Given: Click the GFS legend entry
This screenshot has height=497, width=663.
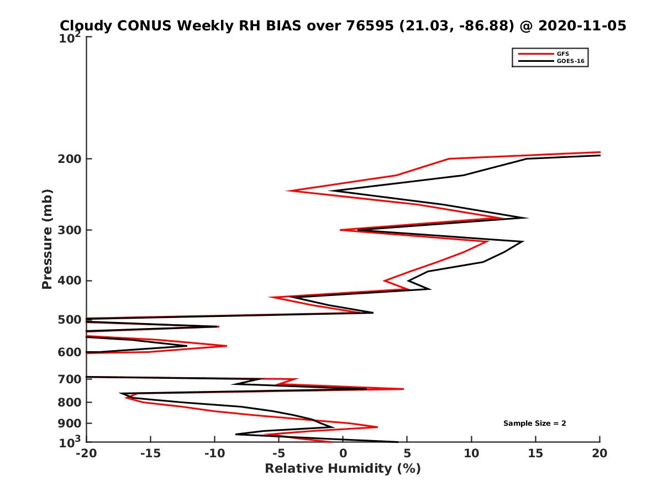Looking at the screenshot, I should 564,54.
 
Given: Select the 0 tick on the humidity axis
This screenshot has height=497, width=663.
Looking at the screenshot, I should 343,453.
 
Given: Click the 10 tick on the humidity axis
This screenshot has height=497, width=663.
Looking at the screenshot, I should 471,453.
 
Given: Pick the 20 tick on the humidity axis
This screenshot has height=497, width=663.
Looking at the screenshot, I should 599,453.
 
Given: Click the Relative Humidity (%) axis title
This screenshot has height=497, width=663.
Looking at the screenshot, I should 343,469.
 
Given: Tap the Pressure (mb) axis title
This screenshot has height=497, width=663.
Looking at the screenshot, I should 47,239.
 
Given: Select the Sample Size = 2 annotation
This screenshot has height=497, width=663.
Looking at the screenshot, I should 534,424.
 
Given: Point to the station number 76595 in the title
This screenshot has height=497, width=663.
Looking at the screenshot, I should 366,25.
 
